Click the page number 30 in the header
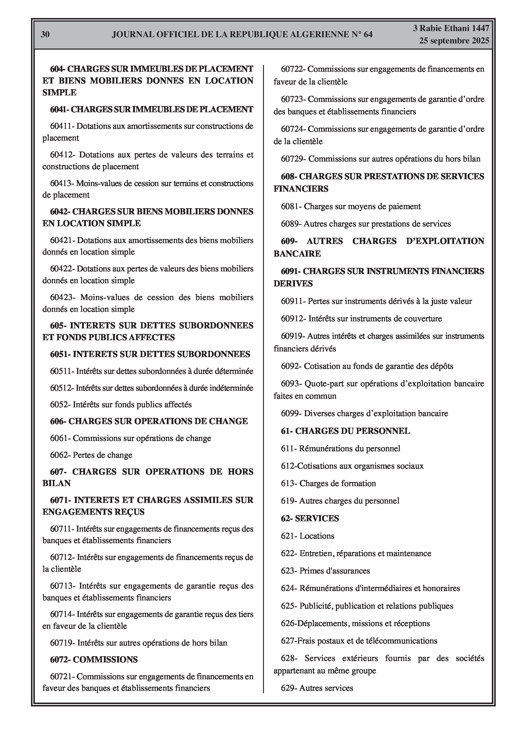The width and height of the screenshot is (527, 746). (x=45, y=35)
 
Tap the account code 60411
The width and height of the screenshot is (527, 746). (x=62, y=126)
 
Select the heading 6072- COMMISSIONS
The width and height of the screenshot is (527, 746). (x=94, y=659)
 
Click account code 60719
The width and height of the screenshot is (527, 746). (x=62, y=643)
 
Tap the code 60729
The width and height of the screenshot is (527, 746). (x=293, y=159)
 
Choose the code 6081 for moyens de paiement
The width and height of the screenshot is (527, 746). (x=291, y=206)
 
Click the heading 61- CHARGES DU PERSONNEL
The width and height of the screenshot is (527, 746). (x=345, y=431)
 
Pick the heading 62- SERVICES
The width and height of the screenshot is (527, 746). (x=310, y=518)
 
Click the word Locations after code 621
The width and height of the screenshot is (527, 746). (x=317, y=536)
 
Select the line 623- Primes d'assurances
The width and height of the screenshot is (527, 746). (x=325, y=571)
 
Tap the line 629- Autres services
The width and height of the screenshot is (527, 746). (x=317, y=688)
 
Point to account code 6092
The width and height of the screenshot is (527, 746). (x=291, y=366)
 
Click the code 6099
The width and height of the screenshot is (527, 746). (x=291, y=414)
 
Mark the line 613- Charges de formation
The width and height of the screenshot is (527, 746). (x=328, y=483)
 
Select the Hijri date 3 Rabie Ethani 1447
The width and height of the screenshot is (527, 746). (x=451, y=28)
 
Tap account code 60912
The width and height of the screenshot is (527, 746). (x=293, y=318)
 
